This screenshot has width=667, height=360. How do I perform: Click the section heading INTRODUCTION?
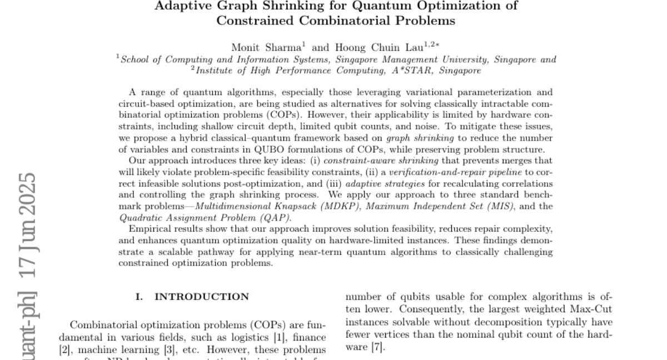pos(202,297)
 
